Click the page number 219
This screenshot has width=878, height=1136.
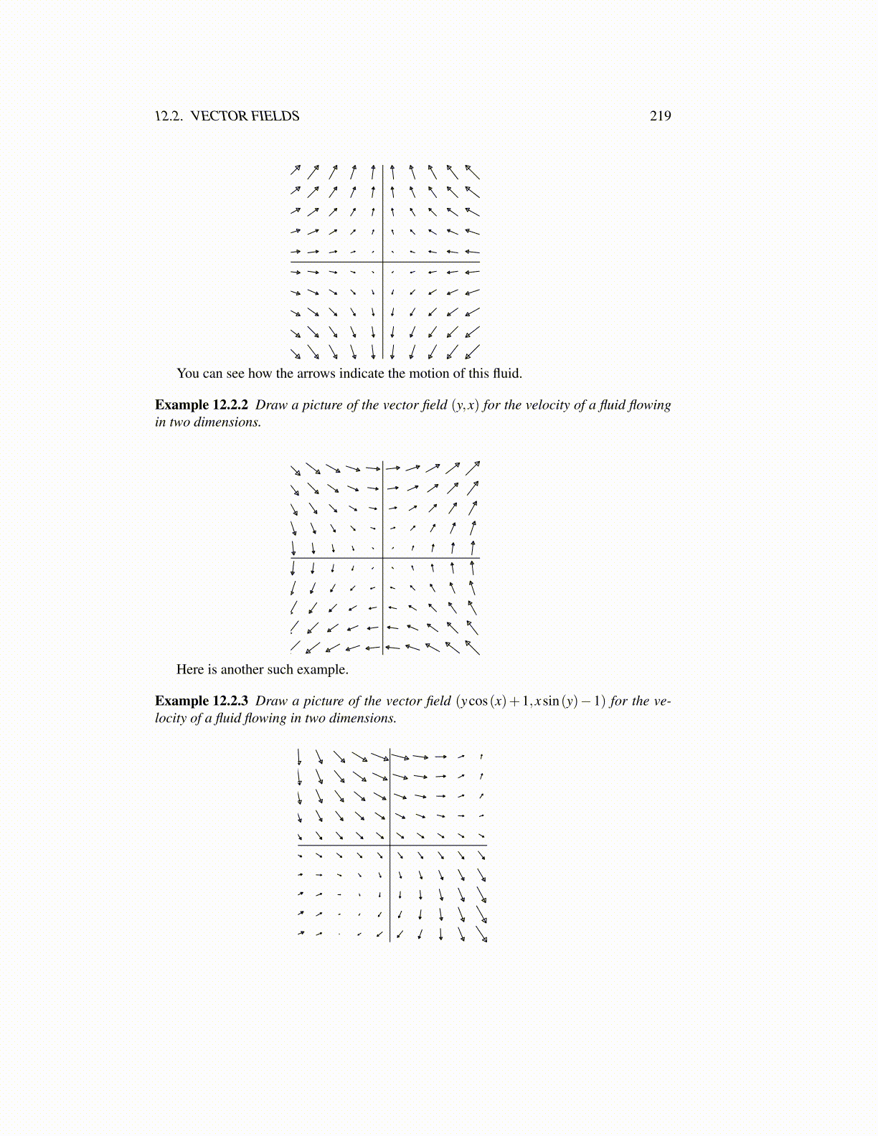[x=660, y=116]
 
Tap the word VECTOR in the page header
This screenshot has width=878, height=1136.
[x=219, y=116]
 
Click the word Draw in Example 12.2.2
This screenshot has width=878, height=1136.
[x=271, y=405]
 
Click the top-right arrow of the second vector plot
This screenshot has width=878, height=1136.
[x=473, y=468]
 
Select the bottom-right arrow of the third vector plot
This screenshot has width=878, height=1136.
[x=481, y=935]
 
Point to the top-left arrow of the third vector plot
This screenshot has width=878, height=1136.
[x=299, y=757]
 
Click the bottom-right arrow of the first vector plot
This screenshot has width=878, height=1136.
[x=472, y=352]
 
